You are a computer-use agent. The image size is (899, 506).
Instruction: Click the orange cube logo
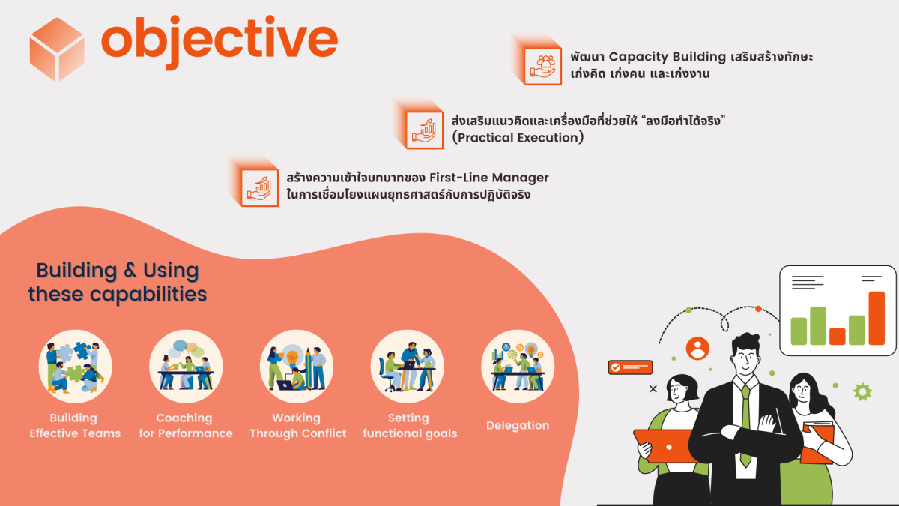tap(57, 49)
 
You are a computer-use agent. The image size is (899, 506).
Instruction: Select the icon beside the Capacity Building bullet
tap(543, 66)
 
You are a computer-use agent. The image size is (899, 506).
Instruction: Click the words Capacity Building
tap(667, 57)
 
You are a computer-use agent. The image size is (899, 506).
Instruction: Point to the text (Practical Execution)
tap(518, 138)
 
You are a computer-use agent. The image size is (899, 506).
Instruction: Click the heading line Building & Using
tap(118, 271)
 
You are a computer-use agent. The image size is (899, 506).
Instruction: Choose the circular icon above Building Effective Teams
tap(75, 367)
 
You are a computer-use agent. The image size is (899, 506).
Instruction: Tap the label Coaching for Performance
tap(185, 425)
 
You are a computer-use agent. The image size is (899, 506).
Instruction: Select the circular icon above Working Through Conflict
tap(297, 367)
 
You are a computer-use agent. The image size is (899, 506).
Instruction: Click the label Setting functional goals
tap(409, 425)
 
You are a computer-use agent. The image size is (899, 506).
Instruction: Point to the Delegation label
tap(518, 425)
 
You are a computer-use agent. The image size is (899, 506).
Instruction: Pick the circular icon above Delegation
tap(518, 367)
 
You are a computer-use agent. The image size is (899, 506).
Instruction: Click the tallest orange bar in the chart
tap(877, 318)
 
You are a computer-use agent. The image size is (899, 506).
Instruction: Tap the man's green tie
tap(745, 420)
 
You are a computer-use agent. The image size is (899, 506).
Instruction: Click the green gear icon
tap(862, 391)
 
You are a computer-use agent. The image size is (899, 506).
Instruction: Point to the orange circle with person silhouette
tap(697, 348)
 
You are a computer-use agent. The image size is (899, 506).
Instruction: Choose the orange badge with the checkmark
tap(630, 367)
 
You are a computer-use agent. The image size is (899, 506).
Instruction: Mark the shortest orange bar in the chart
tap(838, 336)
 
